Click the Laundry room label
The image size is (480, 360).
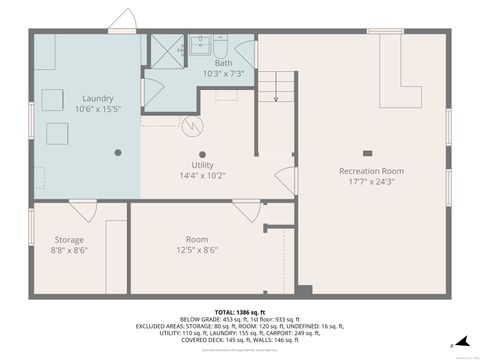click(x=97, y=98)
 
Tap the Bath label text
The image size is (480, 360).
click(x=223, y=62)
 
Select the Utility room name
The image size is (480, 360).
click(x=202, y=164)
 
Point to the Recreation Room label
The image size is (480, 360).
click(x=370, y=171)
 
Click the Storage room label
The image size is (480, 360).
click(x=69, y=239)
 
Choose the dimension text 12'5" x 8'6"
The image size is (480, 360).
click(x=197, y=251)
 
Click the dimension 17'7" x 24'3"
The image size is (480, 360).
click(x=370, y=182)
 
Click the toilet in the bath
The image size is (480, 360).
click(x=220, y=45)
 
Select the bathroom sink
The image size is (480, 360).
click(x=199, y=44)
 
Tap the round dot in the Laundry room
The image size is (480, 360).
click(x=118, y=152)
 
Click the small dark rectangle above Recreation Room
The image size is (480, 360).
click(x=367, y=153)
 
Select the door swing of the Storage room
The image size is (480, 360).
click(x=83, y=210)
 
